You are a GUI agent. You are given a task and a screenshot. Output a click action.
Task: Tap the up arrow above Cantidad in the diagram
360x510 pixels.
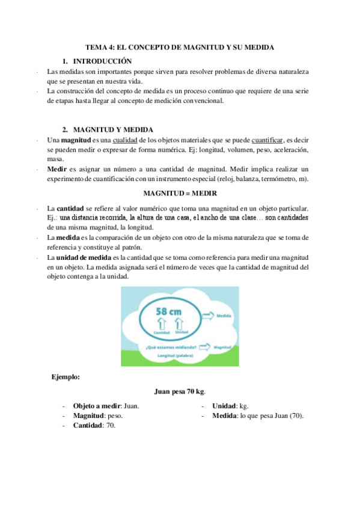pos(161,324)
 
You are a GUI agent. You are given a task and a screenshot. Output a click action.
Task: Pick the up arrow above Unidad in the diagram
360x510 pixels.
pos(181,324)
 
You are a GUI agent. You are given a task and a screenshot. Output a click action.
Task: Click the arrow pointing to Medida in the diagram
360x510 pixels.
pos(208,315)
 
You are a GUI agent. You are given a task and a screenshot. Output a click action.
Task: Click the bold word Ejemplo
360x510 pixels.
pos(66,377)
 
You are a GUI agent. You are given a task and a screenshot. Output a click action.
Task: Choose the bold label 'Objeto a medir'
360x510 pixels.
pos(95,406)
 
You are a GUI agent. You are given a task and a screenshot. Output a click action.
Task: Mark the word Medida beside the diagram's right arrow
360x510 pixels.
pos(224,315)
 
